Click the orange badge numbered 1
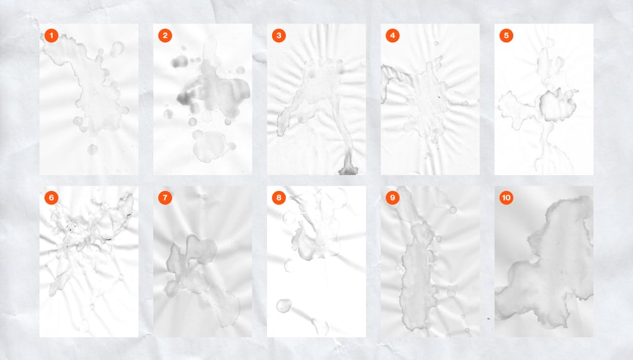coord(51,35)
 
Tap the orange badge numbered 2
coord(165,35)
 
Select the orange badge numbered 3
coord(279,35)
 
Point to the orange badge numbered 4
coord(392,35)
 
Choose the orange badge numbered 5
coord(506,35)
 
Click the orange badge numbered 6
coord(51,198)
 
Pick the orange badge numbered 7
coord(165,198)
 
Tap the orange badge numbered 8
coord(279,198)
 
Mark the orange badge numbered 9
coord(392,198)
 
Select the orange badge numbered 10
coord(506,198)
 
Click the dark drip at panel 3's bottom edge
coord(348,164)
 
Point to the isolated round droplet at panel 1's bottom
coord(93,149)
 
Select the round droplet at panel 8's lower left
coord(284,305)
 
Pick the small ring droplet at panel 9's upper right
coord(453,210)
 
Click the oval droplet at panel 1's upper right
coord(118,49)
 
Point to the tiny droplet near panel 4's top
coord(436,43)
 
